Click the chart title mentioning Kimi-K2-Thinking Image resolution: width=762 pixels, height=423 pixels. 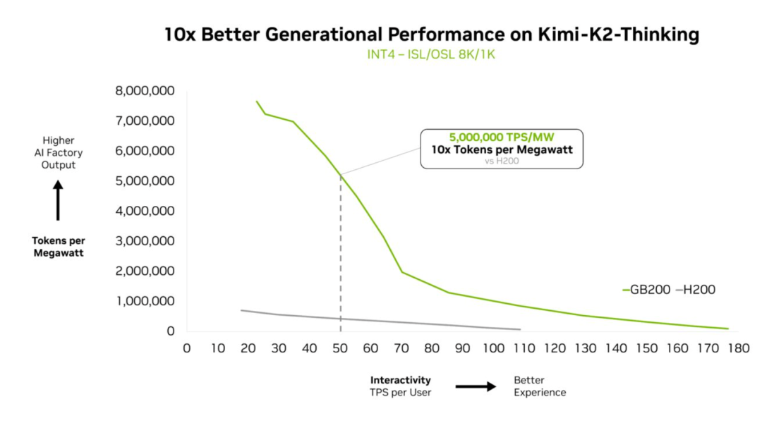point(431,35)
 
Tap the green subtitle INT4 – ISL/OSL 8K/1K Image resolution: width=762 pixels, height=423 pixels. point(431,54)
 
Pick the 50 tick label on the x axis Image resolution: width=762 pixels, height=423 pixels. point(340,348)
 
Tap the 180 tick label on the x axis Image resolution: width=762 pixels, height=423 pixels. point(739,348)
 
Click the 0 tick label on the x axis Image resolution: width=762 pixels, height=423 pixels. point(187,348)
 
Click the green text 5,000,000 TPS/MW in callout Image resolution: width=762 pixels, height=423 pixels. point(501,137)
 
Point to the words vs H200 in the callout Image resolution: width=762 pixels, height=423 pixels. point(501,161)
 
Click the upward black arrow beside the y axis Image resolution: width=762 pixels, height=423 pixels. point(59,201)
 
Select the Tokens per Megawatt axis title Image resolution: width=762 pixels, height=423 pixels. point(59,246)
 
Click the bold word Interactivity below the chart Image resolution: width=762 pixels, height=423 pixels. point(400,380)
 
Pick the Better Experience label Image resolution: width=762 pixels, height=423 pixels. point(539,386)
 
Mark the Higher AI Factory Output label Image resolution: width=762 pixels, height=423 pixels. point(59,152)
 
